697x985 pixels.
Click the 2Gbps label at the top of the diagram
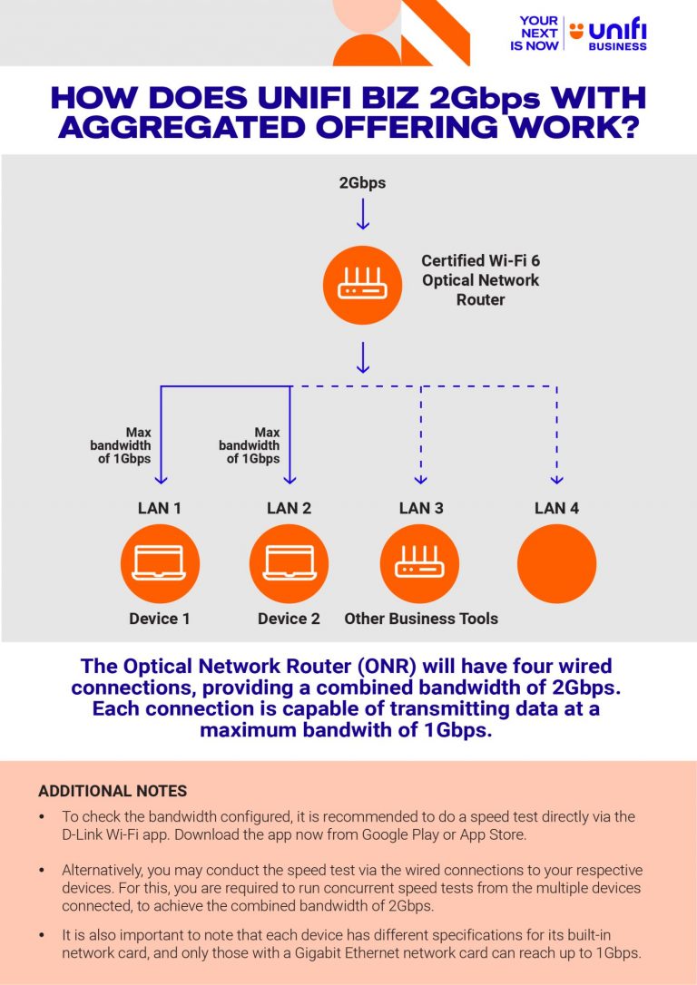coord(362,182)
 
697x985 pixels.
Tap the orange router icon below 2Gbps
coord(362,288)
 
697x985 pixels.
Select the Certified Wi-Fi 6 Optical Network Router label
coord(480,279)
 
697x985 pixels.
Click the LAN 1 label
coord(160,508)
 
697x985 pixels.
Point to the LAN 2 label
coord(289,508)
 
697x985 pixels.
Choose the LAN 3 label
coord(421,508)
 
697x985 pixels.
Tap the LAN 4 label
coord(556,508)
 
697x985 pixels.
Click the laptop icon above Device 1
coord(160,563)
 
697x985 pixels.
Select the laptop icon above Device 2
coord(289,563)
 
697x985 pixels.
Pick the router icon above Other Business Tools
coord(420,563)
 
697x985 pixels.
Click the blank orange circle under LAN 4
coord(556,563)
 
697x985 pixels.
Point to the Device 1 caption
coord(160,619)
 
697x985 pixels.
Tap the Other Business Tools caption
coord(421,619)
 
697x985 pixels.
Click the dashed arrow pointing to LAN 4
coord(556,435)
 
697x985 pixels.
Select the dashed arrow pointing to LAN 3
coord(421,435)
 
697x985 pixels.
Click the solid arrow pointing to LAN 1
coord(161,435)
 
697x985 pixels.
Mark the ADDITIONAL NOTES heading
coord(113,791)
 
